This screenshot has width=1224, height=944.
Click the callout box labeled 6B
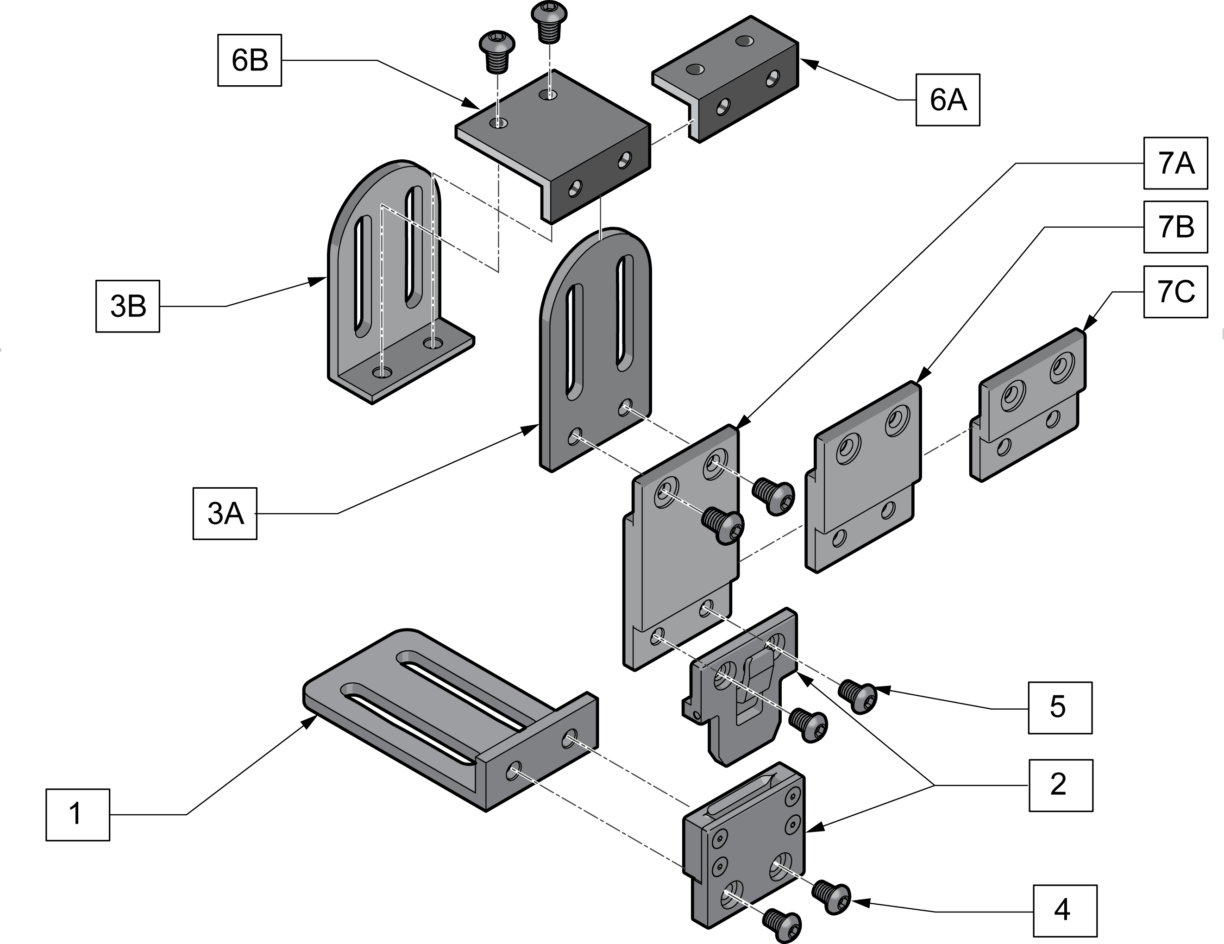(x=250, y=60)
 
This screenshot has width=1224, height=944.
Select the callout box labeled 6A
(x=948, y=100)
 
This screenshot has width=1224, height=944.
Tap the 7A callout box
(x=1175, y=163)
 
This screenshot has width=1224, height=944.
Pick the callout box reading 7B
(x=1175, y=227)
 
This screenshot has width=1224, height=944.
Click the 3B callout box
(x=128, y=306)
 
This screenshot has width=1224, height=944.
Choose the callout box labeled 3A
(x=225, y=514)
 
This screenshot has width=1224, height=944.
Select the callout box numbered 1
(x=78, y=814)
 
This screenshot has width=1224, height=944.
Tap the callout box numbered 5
(x=1060, y=707)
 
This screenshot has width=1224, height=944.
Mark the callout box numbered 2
(x=1061, y=786)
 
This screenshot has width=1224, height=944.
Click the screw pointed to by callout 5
(x=858, y=696)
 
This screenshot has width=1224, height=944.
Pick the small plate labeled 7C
(x=1028, y=405)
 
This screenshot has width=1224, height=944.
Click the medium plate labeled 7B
(x=863, y=477)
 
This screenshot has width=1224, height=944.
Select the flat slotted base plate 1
(x=450, y=720)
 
